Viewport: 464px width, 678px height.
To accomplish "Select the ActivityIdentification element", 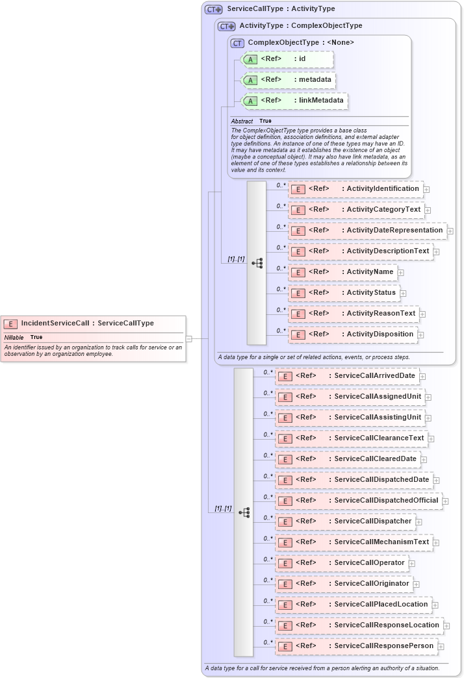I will pos(355,189).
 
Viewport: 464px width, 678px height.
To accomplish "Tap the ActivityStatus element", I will pos(344,293).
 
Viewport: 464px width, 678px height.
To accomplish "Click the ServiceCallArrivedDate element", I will pos(347,376).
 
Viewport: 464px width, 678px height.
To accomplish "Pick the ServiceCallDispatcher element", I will pos(345,521).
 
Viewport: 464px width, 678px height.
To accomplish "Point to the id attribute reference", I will pos(287,59).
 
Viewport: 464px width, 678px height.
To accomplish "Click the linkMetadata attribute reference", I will pos(294,101).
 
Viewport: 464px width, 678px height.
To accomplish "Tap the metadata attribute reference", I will pos(288,80).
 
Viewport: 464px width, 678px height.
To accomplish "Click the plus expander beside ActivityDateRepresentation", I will pos(450,231).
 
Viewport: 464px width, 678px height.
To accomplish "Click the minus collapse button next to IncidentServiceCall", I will pos(189,338).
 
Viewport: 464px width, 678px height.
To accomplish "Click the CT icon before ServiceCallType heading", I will pos(214,9).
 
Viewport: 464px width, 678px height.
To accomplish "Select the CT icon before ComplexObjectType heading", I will pos(238,43).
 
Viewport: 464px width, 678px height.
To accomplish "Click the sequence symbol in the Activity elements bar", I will pos(257,263).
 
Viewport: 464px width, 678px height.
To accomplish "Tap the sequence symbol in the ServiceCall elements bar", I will pos(244,512).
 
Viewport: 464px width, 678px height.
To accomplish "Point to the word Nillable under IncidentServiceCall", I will pos(14,337).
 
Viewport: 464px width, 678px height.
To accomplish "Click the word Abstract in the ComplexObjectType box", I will pos(242,121).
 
